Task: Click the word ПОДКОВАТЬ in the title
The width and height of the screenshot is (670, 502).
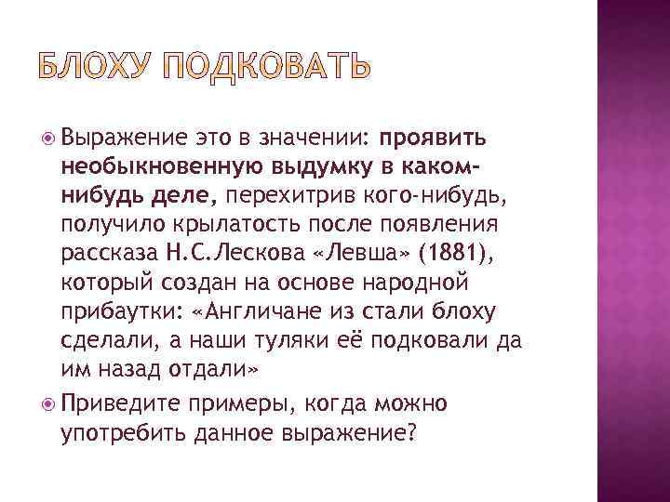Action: (265, 68)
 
